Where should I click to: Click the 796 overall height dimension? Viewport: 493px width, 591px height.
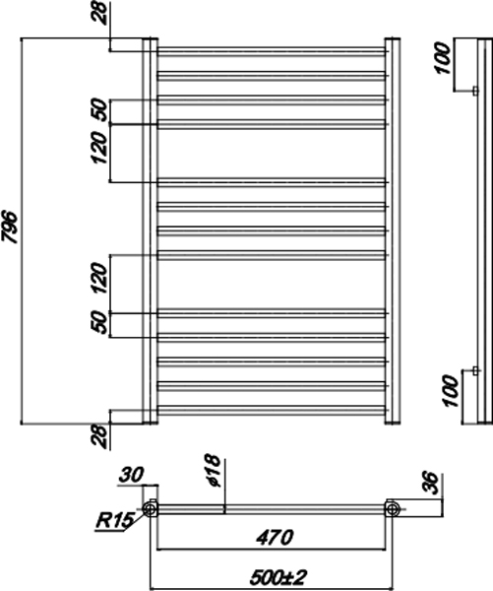point(10,228)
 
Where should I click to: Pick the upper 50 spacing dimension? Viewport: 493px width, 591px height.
point(99,109)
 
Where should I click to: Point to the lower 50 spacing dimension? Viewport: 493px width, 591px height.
point(99,322)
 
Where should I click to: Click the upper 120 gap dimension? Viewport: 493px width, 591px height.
point(99,148)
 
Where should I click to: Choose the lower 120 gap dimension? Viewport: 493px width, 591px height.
point(99,278)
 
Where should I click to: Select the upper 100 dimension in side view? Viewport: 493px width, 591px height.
point(443,58)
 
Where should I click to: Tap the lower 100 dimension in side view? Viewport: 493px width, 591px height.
point(452,390)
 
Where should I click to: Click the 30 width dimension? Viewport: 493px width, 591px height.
point(132,475)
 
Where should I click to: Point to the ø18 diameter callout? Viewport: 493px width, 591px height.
point(214,471)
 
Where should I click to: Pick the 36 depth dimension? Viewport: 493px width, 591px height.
point(431,483)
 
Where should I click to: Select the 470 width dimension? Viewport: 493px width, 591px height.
point(275,538)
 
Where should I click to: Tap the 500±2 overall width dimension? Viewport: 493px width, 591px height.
point(278,578)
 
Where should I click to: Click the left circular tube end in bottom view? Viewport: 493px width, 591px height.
point(151,509)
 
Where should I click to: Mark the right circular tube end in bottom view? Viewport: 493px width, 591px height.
point(392,509)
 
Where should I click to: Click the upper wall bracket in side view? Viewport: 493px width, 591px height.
point(475,92)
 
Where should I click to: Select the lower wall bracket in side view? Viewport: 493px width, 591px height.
point(475,371)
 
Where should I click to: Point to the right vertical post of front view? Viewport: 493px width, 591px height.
point(392,231)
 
